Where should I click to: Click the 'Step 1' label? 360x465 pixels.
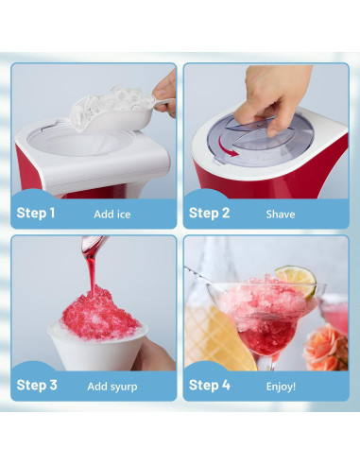click(x=36, y=214)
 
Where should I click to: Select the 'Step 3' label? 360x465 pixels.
click(x=37, y=386)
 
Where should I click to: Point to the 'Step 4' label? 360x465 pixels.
click(x=209, y=386)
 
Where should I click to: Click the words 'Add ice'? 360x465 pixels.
click(x=111, y=215)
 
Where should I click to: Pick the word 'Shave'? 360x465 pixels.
click(x=281, y=215)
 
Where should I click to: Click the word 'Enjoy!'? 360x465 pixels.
click(x=281, y=387)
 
